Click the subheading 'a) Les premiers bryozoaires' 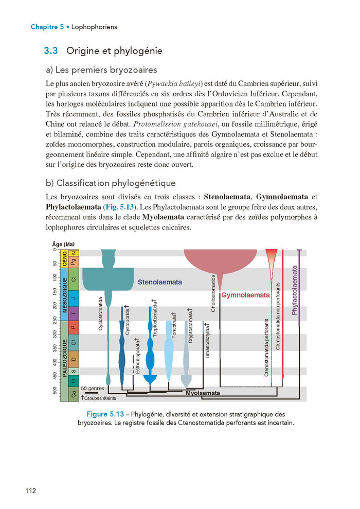pos(101,70)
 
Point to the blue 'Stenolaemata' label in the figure pos(159,282)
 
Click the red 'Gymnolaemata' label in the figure pos(245,295)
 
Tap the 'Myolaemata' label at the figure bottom pos(203,393)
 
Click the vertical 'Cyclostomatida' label pos(100,313)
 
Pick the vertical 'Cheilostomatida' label pos(213,293)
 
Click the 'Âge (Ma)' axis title pos(64,244)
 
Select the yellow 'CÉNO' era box pos(65,258)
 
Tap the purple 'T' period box pos(74,314)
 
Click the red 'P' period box pos(74,327)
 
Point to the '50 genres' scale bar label pos(93,389)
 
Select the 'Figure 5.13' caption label pos(107,414)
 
